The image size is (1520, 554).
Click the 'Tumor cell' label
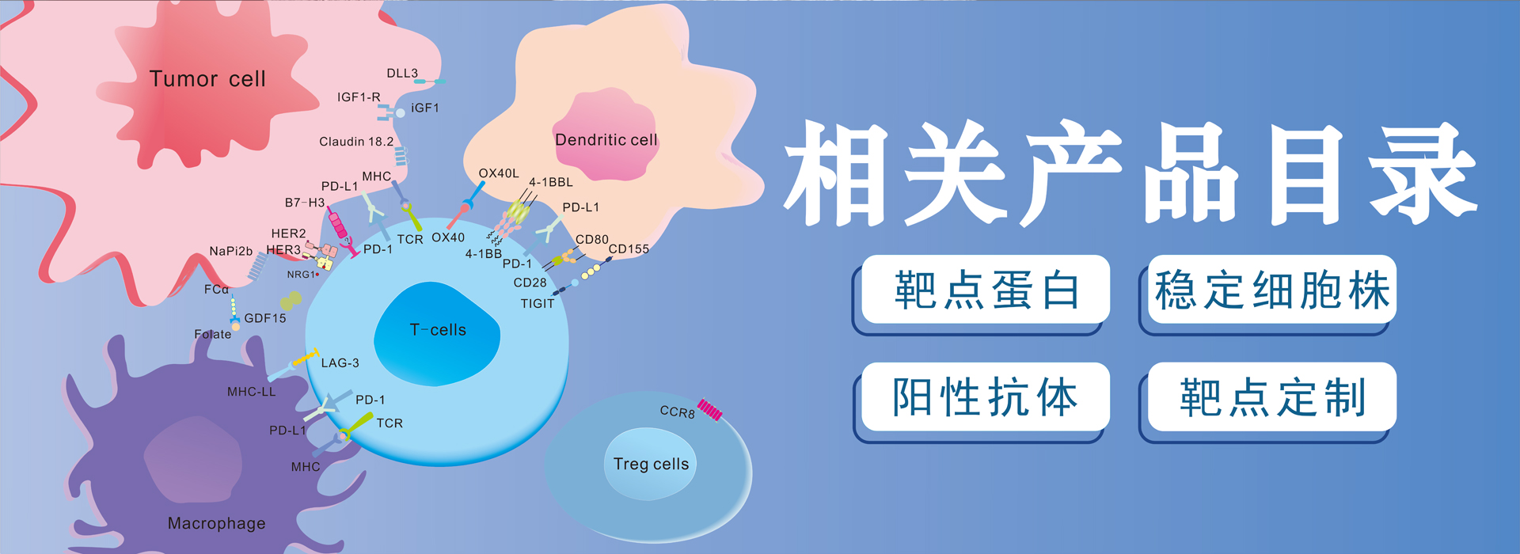[207, 79]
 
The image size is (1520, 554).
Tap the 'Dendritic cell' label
[606, 140]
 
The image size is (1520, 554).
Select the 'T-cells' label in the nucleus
[438, 330]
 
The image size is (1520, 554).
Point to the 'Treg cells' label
[651, 465]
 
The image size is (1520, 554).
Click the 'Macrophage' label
[217, 523]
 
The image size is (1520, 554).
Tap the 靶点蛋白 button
[986, 290]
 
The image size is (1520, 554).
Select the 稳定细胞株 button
[1272, 290]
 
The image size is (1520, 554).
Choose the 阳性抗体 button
[986, 397]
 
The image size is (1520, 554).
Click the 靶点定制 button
[1272, 397]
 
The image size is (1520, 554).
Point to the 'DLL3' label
[402, 74]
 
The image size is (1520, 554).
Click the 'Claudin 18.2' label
[356, 142]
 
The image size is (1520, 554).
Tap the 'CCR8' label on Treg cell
[678, 412]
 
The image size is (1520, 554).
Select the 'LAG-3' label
[340, 363]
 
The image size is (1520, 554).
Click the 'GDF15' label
[265, 318]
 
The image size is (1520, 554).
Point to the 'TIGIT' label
[538, 304]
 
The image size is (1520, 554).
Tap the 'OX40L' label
[499, 173]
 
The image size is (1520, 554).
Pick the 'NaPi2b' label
[231, 252]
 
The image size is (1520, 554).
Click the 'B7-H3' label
[305, 203]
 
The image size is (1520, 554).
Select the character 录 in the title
[1423, 174]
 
